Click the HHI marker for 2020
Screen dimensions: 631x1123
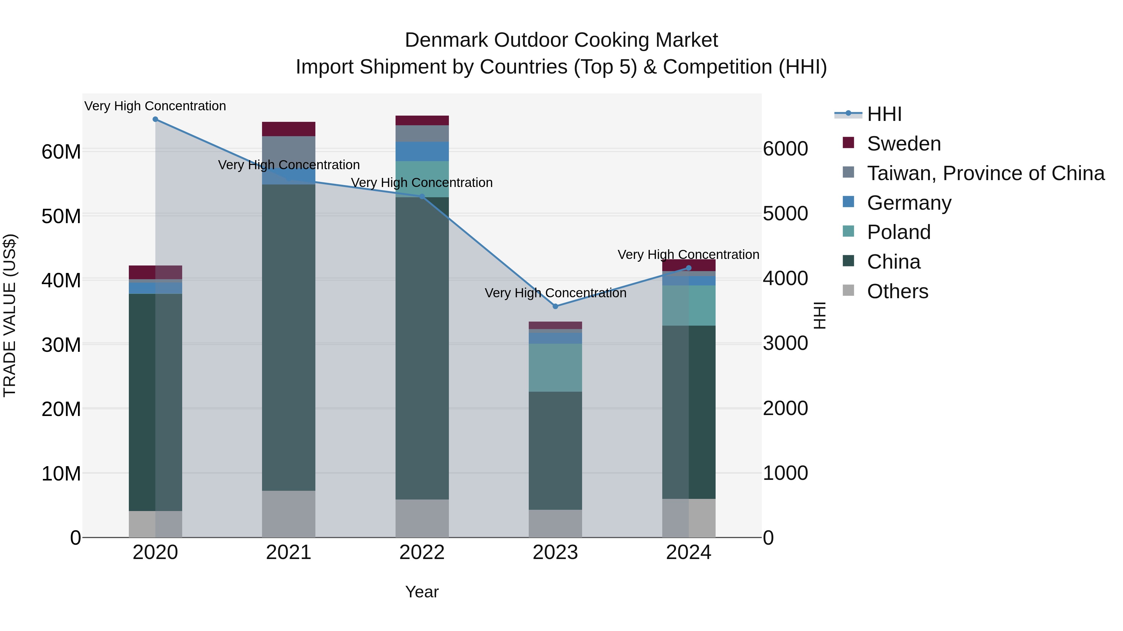pyautogui.click(x=155, y=119)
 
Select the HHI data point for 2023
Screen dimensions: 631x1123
pyautogui.click(x=555, y=307)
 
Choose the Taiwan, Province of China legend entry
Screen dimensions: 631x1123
pyautogui.click(x=985, y=173)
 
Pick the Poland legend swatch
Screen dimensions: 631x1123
pyautogui.click(x=848, y=232)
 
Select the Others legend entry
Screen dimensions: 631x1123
pyautogui.click(x=897, y=291)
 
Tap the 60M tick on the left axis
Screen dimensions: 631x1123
pyautogui.click(x=61, y=152)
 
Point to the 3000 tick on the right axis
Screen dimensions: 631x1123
pyautogui.click(x=785, y=344)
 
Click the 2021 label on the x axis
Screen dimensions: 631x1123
pyautogui.click(x=288, y=552)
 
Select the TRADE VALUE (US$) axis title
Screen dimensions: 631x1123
pyautogui.click(x=10, y=315)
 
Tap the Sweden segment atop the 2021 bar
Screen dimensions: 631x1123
pyautogui.click(x=288, y=129)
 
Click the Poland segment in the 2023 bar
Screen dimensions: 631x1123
pyautogui.click(x=555, y=368)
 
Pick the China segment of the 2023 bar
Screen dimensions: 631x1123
pyautogui.click(x=555, y=451)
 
